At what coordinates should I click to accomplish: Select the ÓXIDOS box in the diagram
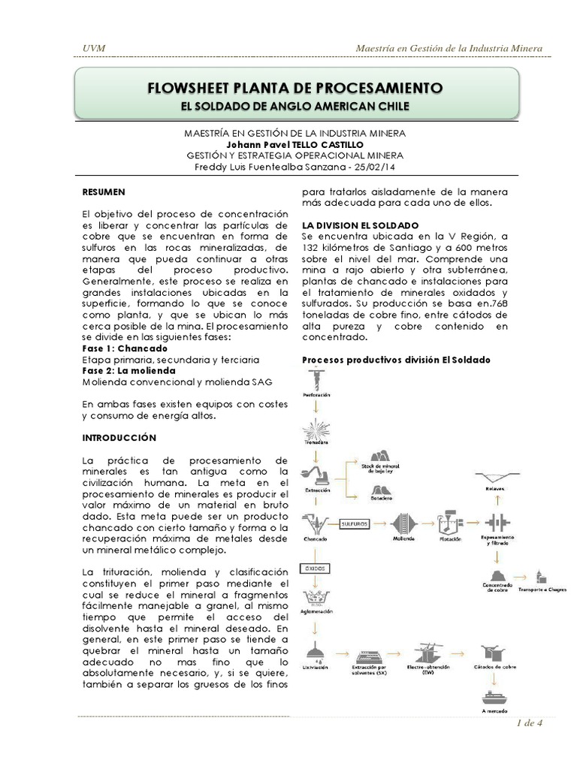[x=316, y=568]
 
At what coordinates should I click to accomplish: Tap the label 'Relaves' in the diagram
[x=494, y=488]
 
